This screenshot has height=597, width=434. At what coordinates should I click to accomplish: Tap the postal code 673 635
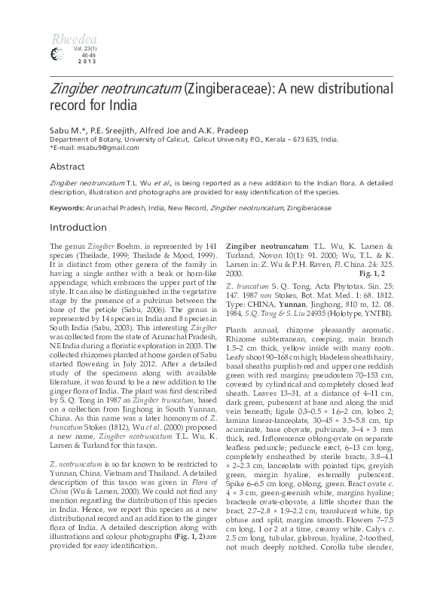click(x=298, y=139)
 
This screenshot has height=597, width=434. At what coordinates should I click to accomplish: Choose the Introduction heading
click(x=77, y=227)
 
